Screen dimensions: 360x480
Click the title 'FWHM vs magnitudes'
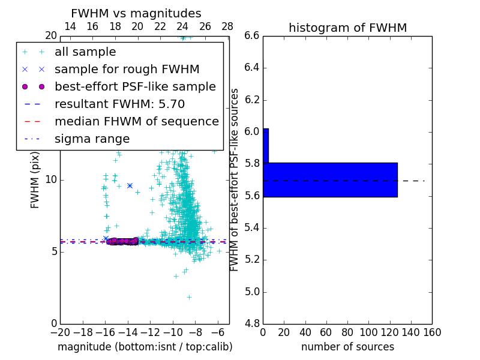tap(136, 13)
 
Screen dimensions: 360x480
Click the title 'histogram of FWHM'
tap(347, 28)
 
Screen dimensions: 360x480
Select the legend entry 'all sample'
tap(85, 52)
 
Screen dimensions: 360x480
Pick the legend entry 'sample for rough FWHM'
tap(127, 69)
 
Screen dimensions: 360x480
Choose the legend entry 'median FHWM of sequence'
tap(136, 121)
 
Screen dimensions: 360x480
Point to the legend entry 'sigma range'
tap(92, 139)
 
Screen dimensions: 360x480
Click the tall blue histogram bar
tap(330, 179)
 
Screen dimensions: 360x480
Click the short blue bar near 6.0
tap(266, 145)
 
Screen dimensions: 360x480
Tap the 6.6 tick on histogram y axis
tap(252, 35)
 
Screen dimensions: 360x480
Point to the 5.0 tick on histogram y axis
tap(252, 292)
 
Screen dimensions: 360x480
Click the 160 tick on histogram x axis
tap(432, 332)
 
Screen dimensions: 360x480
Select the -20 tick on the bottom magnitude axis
tap(60, 332)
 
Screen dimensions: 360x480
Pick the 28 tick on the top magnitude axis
tap(227, 26)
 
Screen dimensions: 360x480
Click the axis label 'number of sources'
tap(347, 347)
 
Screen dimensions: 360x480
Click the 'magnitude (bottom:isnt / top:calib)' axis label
tap(145, 347)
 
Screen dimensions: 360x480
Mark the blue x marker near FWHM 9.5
tap(130, 186)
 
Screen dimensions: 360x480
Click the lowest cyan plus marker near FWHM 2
tap(189, 297)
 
